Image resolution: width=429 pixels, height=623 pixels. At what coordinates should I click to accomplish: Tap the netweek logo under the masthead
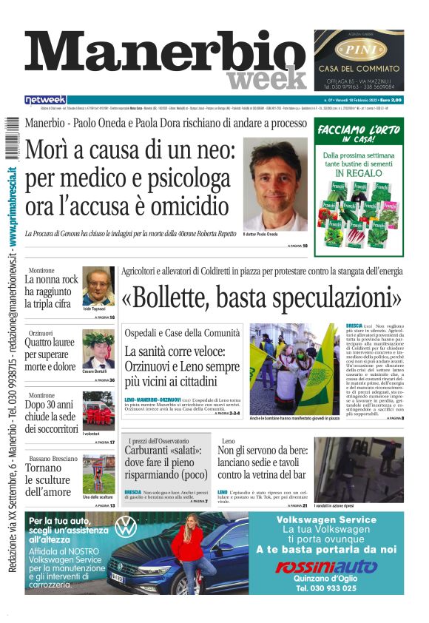click(x=46, y=100)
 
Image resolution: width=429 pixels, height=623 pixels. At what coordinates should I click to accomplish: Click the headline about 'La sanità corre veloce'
click(x=182, y=366)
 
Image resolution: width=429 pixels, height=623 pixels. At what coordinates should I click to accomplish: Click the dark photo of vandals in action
click(x=358, y=468)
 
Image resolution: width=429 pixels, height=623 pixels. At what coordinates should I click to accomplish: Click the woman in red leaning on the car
click(x=195, y=548)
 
